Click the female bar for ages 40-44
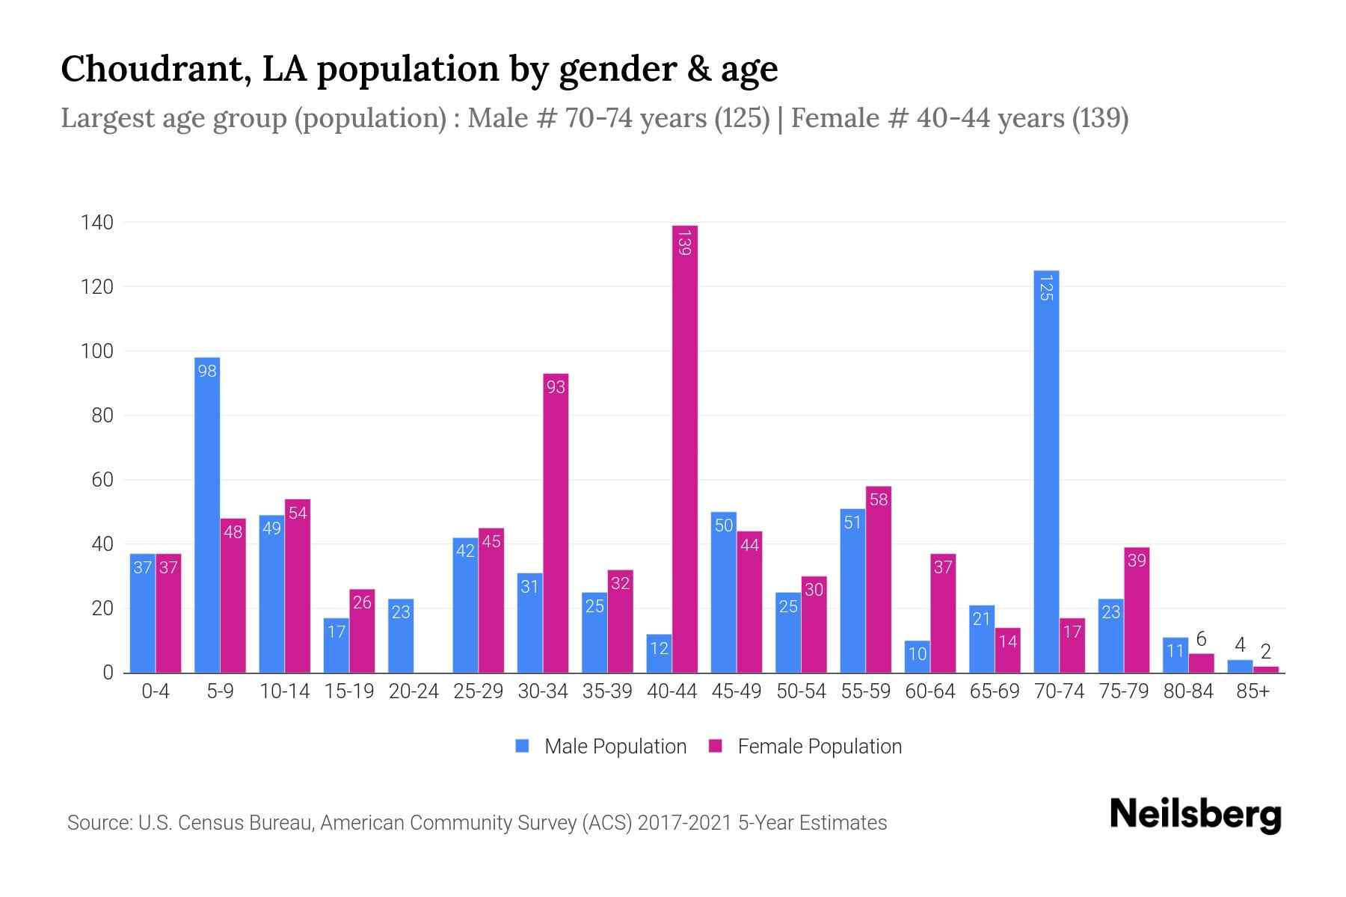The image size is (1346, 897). click(x=685, y=449)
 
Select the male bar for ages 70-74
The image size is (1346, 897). click(x=1046, y=471)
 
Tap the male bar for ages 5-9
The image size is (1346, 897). click(x=207, y=516)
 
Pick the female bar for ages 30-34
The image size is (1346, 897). click(x=556, y=523)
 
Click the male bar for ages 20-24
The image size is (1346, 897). click(x=401, y=635)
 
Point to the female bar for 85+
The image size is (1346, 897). click(x=1266, y=669)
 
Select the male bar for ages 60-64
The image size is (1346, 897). click(x=917, y=656)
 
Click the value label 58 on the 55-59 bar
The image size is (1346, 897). click(x=879, y=499)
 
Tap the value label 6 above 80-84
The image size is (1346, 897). click(x=1201, y=639)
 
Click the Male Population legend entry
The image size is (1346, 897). click(x=602, y=746)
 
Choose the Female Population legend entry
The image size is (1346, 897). click(x=806, y=746)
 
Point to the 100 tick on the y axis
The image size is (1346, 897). click(x=97, y=351)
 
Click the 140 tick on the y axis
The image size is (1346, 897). click(x=97, y=223)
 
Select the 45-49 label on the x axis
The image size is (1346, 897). click(x=737, y=691)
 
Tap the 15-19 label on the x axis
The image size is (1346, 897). click(x=349, y=691)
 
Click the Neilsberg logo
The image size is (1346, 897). click(x=1195, y=815)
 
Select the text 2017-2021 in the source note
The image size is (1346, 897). click(x=684, y=823)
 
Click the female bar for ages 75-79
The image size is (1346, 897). click(x=1137, y=609)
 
